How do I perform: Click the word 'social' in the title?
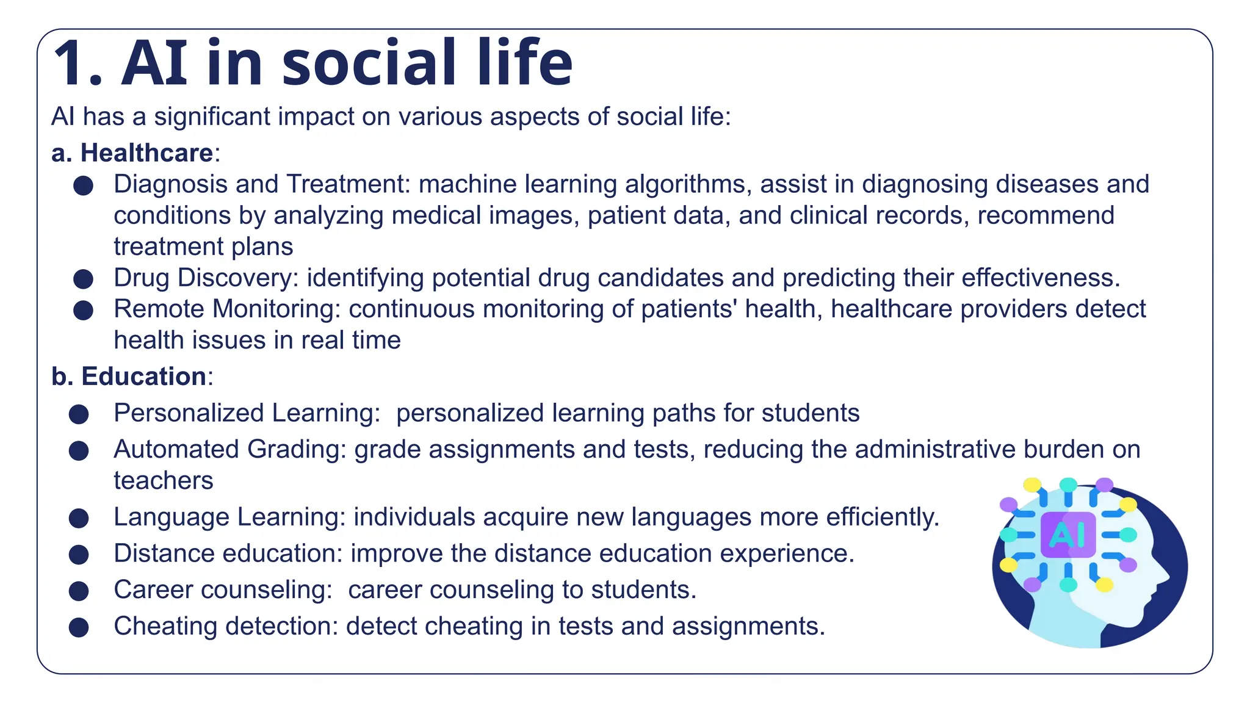(x=369, y=63)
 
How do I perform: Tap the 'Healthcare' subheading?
(x=146, y=153)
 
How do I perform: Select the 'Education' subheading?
(x=143, y=377)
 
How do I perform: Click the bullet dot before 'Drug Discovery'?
(x=83, y=279)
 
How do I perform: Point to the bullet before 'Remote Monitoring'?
(x=83, y=310)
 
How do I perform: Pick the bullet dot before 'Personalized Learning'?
(x=79, y=414)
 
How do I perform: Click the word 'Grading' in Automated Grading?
(x=297, y=450)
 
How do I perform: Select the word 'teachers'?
(x=164, y=481)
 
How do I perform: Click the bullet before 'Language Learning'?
(x=79, y=518)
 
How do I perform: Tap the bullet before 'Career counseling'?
(x=79, y=591)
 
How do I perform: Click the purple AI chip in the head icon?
(x=1068, y=535)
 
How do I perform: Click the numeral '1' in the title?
(x=72, y=63)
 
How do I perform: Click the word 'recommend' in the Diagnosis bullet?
(x=1046, y=215)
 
